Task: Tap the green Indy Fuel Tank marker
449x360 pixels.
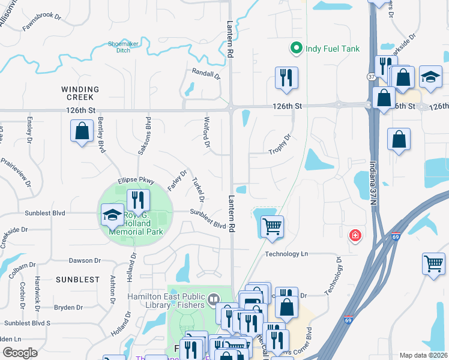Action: [295, 49]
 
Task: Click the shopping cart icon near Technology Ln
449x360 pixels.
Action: [272, 227]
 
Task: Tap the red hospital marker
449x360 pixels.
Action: [355, 235]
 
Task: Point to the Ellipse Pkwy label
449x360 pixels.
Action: [136, 179]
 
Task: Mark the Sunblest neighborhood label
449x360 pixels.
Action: [77, 280]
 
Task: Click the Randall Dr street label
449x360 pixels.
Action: [206, 74]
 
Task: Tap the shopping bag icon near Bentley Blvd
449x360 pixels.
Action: [82, 130]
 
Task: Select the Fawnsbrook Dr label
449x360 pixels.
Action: [43, 23]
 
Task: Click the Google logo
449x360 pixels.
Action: [20, 353]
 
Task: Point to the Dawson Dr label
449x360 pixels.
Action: [85, 260]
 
